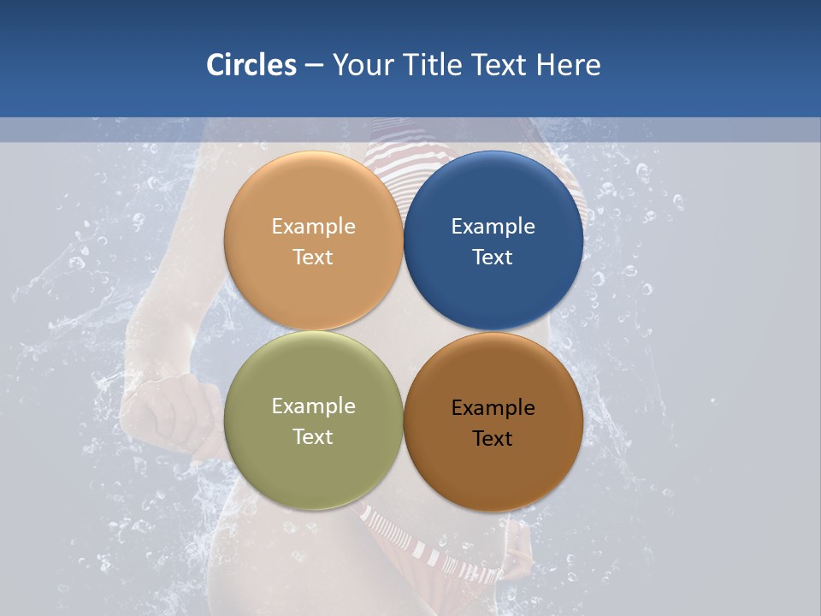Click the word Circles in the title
click(251, 65)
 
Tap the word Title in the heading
click(435, 65)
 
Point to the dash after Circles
click(314, 66)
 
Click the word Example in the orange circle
click(313, 227)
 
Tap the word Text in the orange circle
click(313, 258)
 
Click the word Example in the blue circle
click(493, 227)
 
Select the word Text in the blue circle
click(493, 258)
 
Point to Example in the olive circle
click(313, 406)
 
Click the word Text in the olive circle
click(313, 437)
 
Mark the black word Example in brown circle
click(493, 408)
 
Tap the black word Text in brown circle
click(493, 439)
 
